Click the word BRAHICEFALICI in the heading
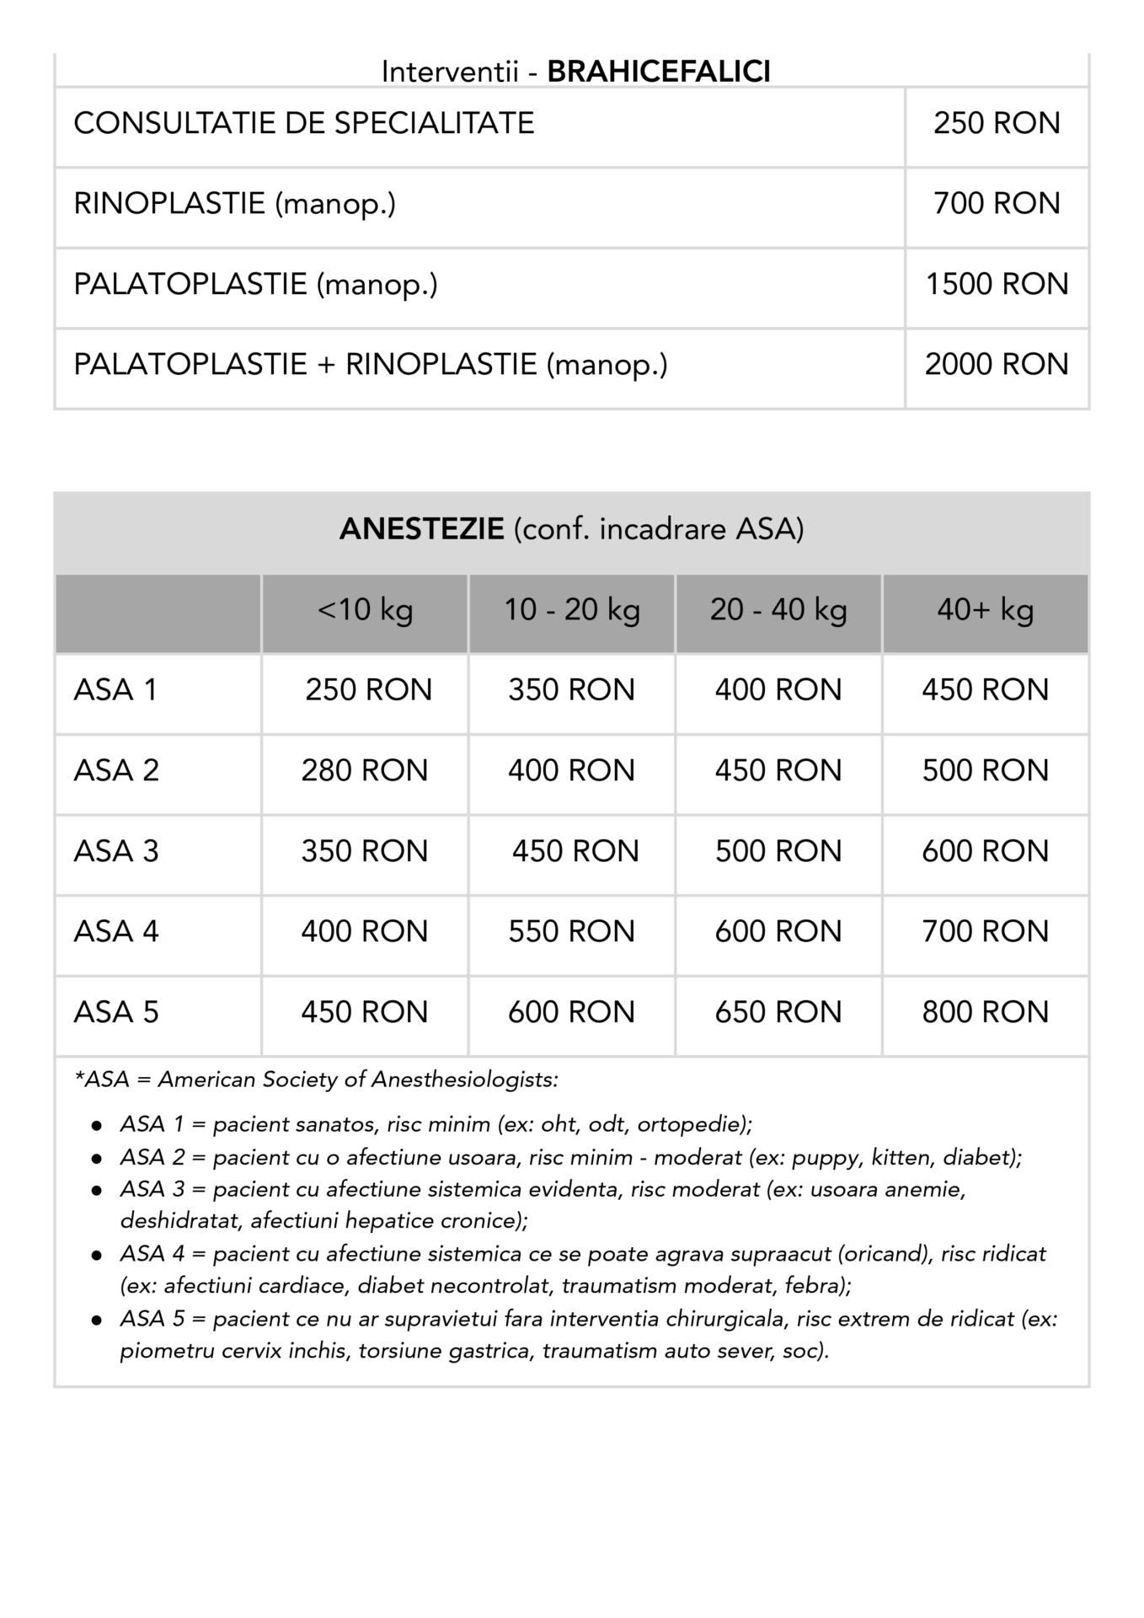658,72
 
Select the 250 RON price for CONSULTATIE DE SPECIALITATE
996,124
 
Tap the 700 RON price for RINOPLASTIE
996,204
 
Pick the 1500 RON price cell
996,285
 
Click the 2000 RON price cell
996,365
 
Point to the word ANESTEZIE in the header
421,529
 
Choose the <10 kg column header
365,609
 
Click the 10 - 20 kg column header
571,609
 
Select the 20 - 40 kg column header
778,609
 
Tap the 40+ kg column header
985,609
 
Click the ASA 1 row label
115,690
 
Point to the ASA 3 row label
115,851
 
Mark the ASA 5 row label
115,1012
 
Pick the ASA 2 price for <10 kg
365,771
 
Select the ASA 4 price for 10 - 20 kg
571,932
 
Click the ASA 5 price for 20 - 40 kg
778,1012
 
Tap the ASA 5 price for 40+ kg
985,1012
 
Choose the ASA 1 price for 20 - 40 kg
778,690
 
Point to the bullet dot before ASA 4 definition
98,1255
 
